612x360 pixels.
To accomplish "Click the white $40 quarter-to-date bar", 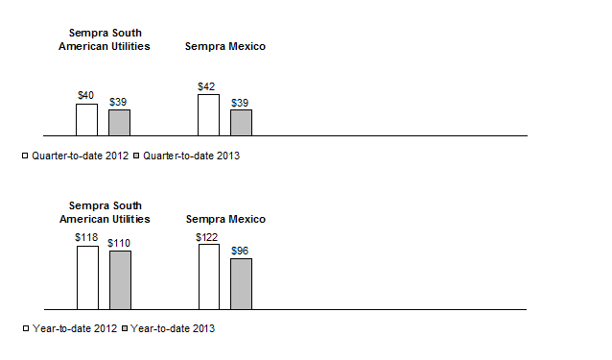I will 86,119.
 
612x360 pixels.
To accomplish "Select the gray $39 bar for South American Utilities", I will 119,122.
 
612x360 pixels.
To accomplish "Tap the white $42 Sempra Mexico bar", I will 208,114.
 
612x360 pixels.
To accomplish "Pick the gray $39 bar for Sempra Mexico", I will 241,122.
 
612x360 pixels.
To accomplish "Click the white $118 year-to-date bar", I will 87,277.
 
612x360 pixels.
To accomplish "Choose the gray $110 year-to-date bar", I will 120,279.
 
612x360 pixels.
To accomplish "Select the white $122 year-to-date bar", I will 208,276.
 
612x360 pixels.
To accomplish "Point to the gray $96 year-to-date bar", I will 241,283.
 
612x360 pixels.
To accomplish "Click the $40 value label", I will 86,95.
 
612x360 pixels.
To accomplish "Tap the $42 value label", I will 206,86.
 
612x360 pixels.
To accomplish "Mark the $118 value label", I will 87,236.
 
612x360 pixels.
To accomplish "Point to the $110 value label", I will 120,242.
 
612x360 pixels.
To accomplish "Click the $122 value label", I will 208,236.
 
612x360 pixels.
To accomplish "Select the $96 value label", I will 241,250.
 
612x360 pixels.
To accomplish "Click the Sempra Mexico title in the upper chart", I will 224,46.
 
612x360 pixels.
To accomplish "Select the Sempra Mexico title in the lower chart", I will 224,219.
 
